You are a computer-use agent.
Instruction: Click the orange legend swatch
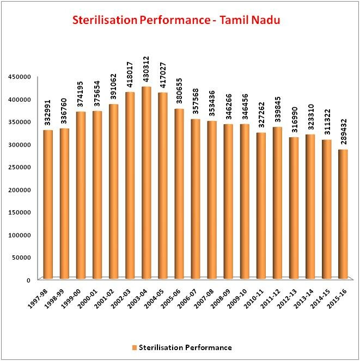coord(135,347)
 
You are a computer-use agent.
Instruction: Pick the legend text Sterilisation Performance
coord(186,347)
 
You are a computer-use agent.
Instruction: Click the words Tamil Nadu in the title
coord(257,20)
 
